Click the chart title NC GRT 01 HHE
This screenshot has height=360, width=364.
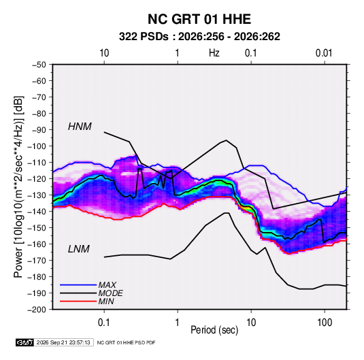click(x=199, y=19)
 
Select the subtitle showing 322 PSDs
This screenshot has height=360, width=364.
click(x=199, y=37)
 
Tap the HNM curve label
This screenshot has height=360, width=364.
click(x=80, y=127)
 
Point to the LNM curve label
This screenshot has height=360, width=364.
click(x=79, y=249)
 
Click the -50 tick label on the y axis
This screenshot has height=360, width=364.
click(x=39, y=65)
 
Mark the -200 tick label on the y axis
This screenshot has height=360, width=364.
click(x=37, y=310)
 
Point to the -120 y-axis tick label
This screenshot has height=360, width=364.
click(x=37, y=179)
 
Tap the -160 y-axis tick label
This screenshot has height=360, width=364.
click(x=37, y=244)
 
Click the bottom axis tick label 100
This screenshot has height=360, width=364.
click(x=325, y=323)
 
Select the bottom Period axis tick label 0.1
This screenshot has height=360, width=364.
click(x=104, y=323)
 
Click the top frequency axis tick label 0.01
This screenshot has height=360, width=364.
click(x=324, y=53)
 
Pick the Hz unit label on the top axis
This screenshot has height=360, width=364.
click(x=214, y=53)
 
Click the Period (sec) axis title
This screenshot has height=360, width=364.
click(x=214, y=330)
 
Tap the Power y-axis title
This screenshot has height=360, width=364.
click(x=18, y=187)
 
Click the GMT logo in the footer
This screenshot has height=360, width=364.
click(x=25, y=342)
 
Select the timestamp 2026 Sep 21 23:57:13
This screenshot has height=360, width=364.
click(x=63, y=342)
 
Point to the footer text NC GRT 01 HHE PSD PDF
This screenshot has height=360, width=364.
click(x=126, y=343)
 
